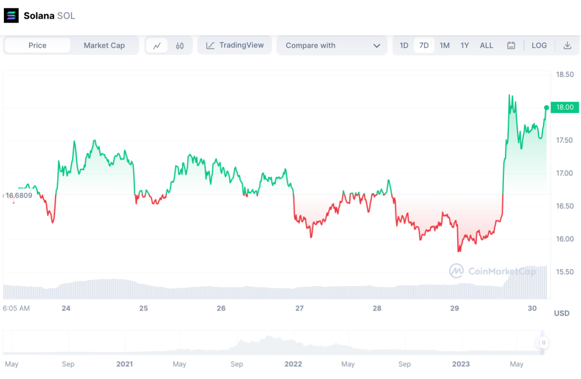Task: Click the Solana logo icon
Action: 11,15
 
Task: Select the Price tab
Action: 37,45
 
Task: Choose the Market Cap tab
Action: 104,45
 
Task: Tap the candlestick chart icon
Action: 180,46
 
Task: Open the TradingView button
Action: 234,45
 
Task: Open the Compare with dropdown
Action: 332,45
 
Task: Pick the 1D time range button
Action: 404,45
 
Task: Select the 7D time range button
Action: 424,45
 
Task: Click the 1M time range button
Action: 445,45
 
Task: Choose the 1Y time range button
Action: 465,45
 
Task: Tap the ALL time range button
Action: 486,45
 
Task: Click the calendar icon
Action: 511,45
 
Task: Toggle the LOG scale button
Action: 539,45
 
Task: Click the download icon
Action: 567,45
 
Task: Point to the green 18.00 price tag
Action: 565,107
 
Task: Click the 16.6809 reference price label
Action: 19,195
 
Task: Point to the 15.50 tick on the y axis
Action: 565,272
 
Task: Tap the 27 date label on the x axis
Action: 300,308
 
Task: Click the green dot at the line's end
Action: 546,108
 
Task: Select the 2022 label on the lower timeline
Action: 293,364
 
